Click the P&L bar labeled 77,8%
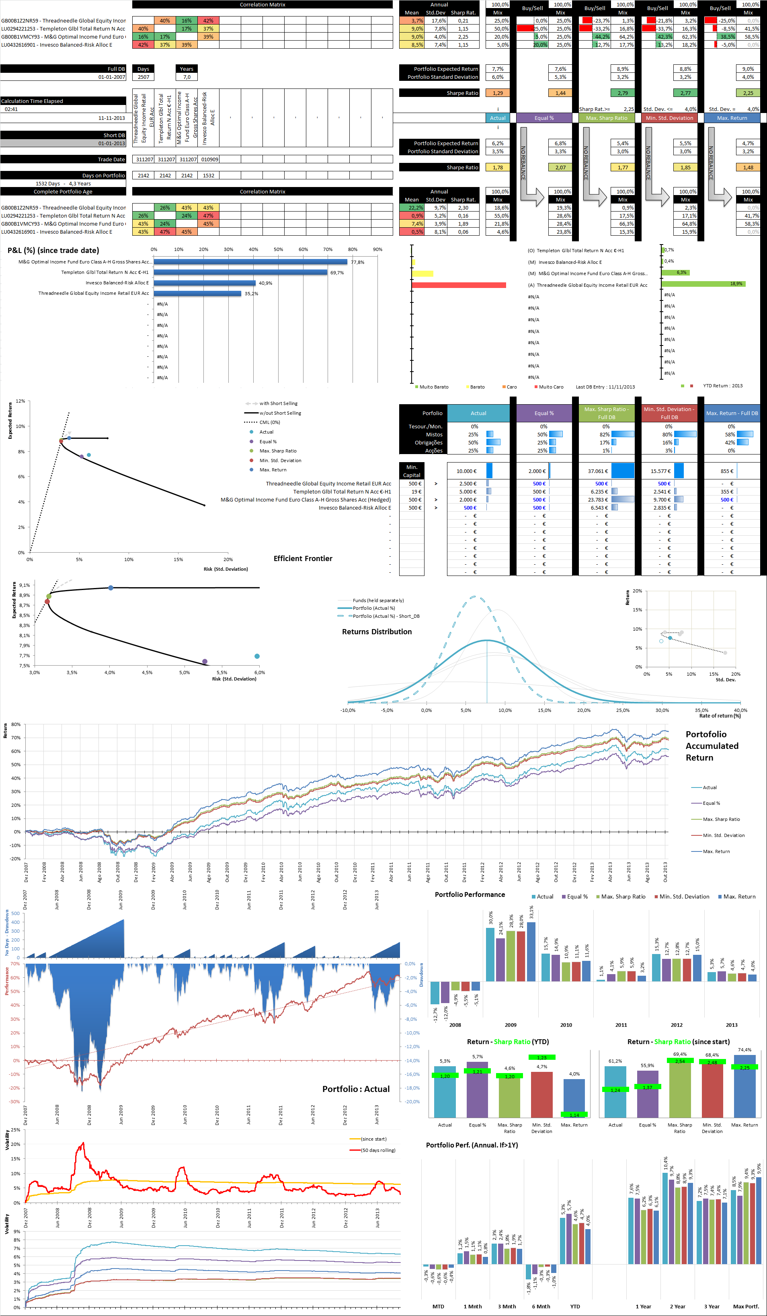click(250, 262)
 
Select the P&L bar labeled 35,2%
click(197, 294)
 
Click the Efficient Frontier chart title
click(303, 558)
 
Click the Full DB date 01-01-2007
click(112, 77)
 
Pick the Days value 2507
click(143, 77)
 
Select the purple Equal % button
click(544, 118)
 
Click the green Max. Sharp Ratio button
click(606, 118)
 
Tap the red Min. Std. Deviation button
click(669, 118)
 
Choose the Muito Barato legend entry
click(433, 387)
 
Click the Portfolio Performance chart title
click(470, 894)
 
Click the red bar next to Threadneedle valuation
click(458, 285)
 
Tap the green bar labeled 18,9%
click(703, 284)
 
